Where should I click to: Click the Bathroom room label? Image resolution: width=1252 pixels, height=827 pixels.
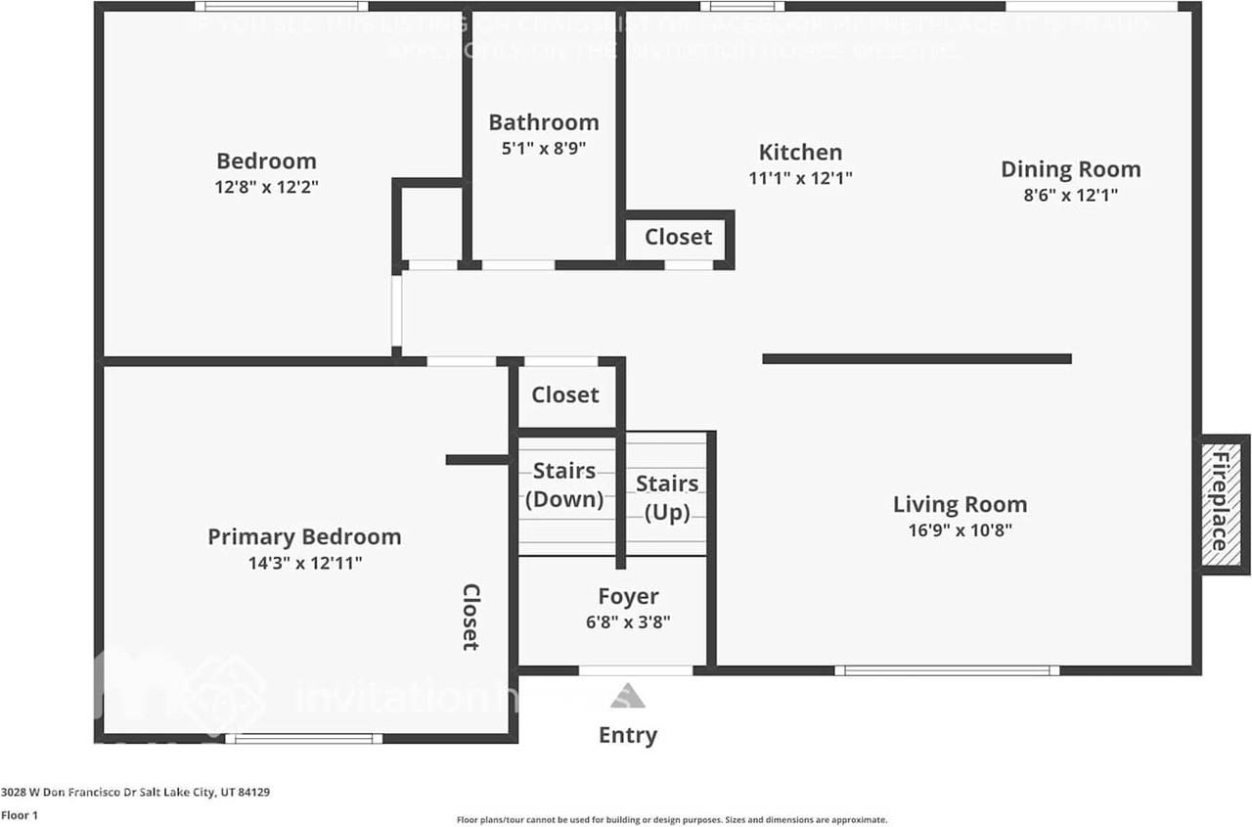click(544, 122)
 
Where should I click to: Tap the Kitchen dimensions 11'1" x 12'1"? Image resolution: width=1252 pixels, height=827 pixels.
click(800, 178)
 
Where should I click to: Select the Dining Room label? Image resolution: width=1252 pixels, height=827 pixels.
click(1070, 168)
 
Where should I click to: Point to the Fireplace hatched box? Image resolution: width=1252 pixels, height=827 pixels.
click(1221, 503)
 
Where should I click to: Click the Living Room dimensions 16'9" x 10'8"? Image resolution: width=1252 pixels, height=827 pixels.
click(960, 530)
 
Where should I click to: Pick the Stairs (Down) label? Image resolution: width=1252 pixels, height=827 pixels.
click(564, 484)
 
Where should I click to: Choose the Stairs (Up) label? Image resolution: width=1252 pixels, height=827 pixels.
click(667, 497)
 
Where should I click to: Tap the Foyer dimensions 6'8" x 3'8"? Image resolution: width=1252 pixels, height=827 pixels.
click(628, 621)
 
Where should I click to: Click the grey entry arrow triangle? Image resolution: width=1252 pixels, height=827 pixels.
click(628, 696)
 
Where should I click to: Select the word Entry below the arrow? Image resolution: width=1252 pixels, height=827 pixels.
click(628, 735)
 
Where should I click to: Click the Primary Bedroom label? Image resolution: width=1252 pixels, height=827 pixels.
click(304, 536)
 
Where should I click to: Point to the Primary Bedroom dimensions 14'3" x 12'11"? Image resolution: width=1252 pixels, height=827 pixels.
click(304, 563)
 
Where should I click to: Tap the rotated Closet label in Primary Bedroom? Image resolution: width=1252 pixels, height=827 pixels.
click(470, 617)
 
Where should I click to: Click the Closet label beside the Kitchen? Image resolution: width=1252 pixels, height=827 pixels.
click(678, 237)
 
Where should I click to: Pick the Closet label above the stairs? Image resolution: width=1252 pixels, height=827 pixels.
click(564, 394)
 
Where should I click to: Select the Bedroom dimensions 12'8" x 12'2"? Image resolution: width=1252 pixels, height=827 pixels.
click(266, 186)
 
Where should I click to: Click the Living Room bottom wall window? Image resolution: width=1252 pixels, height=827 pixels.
click(947, 670)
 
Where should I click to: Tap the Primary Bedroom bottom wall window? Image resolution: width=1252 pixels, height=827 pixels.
click(304, 738)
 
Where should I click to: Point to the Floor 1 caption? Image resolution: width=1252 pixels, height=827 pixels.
click(19, 814)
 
